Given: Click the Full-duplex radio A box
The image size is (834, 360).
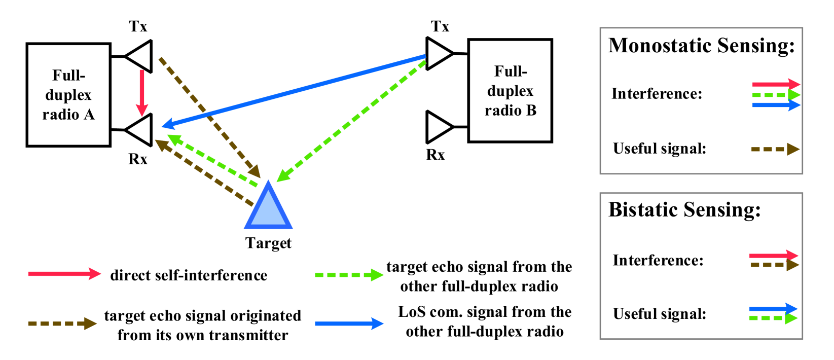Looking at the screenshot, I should pos(68,95).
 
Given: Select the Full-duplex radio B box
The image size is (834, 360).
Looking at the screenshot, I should pos(510,91).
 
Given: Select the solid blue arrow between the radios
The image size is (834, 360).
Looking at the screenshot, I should pos(294,90).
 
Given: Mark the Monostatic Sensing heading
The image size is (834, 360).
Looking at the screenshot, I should pos(701,46).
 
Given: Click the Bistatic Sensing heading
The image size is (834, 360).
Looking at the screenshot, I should pos(684,209).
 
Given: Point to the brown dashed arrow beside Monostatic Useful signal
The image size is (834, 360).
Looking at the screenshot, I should pos(775,149).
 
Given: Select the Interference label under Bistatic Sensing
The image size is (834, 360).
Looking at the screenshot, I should pos(658,260).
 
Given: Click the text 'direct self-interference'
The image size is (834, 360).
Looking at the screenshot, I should pos(189,275).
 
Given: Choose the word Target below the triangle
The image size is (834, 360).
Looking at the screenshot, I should pos(268,243).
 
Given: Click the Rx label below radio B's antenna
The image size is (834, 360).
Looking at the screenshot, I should pos(435,155).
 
